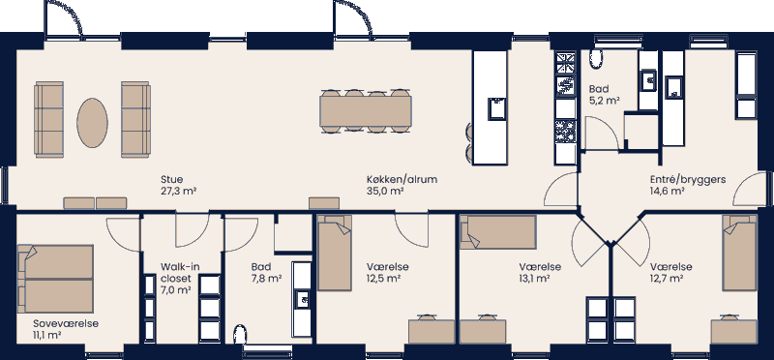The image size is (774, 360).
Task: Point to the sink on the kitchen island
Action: coord(496,107)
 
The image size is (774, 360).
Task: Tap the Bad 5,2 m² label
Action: coord(604,94)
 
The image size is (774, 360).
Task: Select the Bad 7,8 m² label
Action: coord(266,272)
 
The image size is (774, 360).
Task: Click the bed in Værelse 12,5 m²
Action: coord(335,255)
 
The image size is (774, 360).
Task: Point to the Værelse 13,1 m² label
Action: coord(534,272)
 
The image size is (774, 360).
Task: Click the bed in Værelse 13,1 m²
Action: coord(499,233)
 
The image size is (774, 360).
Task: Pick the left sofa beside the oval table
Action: coord(48,119)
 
